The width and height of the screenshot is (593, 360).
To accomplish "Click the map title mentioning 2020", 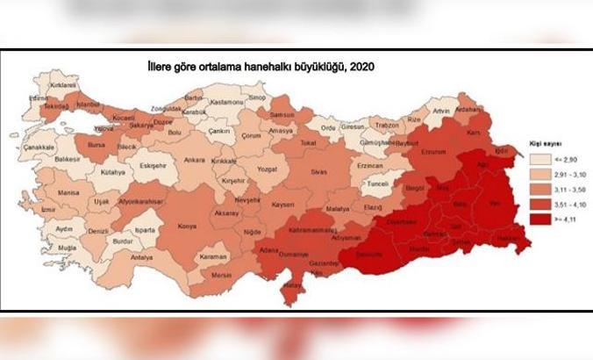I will point(254,67).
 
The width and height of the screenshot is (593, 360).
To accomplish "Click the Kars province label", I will point(480,133).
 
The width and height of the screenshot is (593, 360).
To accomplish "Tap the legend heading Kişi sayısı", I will point(551,141).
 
